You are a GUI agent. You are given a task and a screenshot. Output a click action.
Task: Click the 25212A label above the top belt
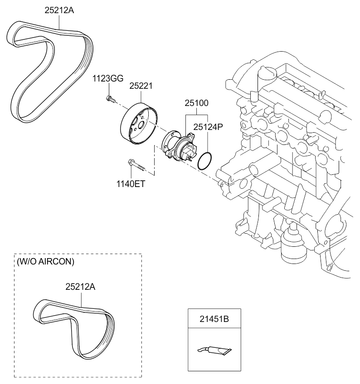tap(59, 10)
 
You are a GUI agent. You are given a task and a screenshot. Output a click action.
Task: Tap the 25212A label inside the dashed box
tap(81, 287)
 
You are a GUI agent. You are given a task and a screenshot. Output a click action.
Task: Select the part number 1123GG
tap(108, 78)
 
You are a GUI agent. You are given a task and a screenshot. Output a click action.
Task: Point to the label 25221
tap(141, 85)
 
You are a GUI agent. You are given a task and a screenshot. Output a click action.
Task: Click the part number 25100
tap(196, 104)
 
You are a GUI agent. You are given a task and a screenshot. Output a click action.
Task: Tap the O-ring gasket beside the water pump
tap(205, 161)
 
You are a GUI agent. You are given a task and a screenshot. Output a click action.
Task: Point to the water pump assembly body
tap(180, 146)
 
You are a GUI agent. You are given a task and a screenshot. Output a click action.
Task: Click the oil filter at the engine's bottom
tap(293, 247)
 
